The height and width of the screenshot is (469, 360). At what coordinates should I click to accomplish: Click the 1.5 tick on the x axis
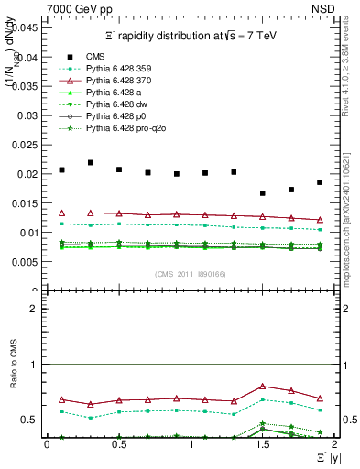pos(262,444)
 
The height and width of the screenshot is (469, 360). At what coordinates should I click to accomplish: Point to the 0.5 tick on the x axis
pos(118,444)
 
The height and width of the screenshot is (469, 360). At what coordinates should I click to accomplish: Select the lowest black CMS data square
pos(263,193)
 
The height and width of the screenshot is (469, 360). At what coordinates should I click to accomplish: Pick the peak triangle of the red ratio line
pos(263,387)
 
